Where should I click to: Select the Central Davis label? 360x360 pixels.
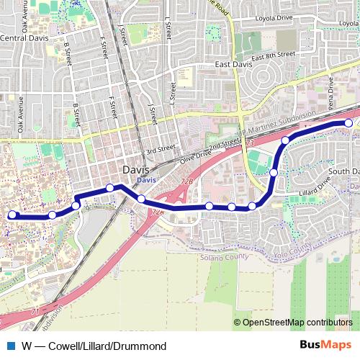click(x=22, y=38)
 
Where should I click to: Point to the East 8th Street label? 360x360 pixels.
click(x=274, y=55)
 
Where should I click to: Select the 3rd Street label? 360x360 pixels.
click(x=161, y=149)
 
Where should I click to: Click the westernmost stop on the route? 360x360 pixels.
click(x=12, y=215)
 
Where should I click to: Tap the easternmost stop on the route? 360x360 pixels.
click(x=348, y=123)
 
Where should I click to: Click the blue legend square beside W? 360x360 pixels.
click(x=12, y=346)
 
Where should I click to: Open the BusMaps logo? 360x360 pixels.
click(x=326, y=345)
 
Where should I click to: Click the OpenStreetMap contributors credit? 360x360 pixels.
click(x=293, y=323)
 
